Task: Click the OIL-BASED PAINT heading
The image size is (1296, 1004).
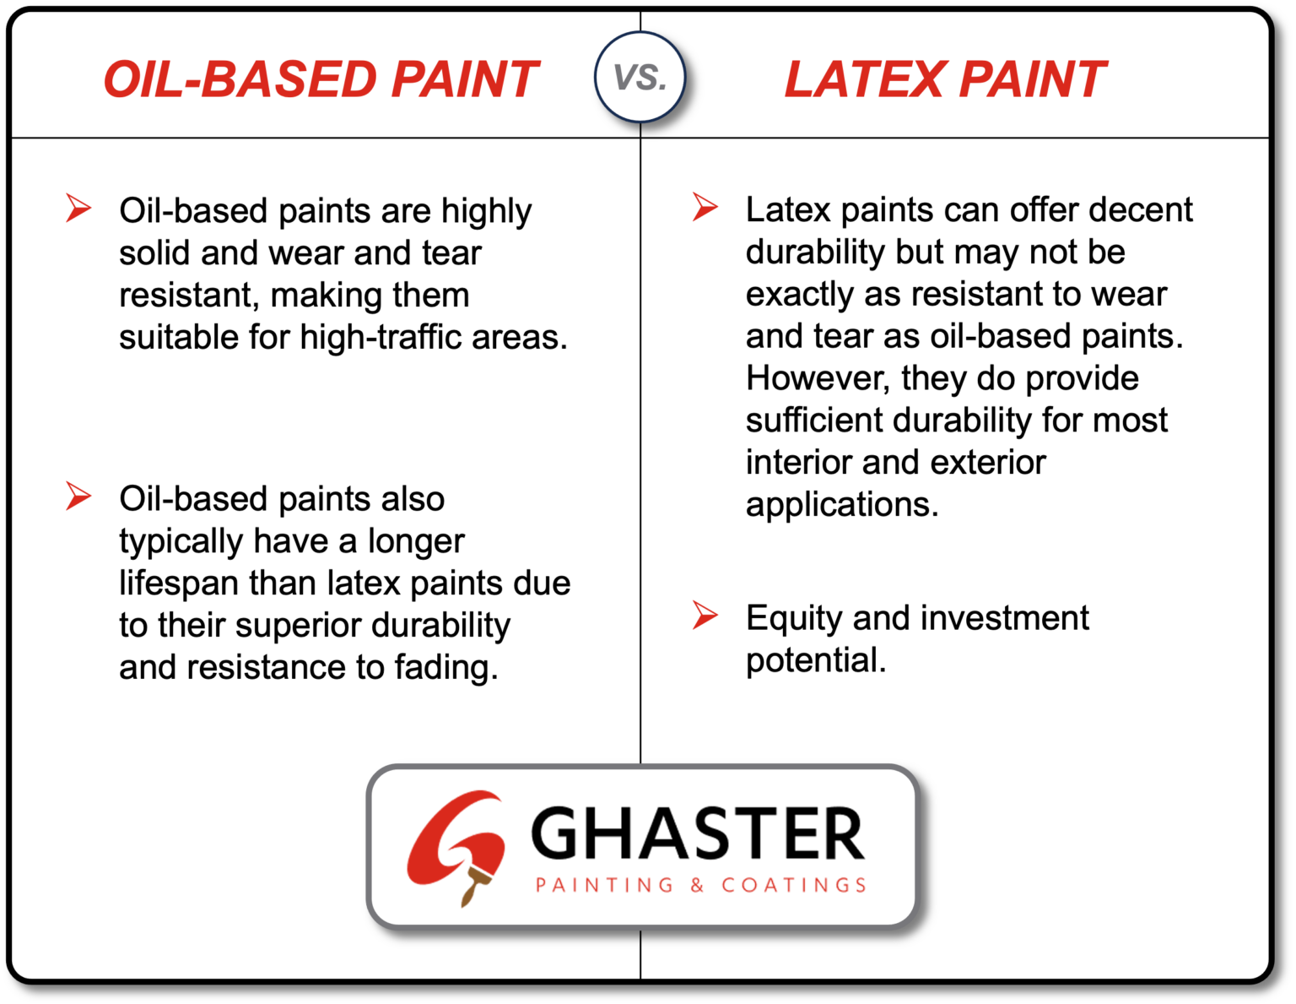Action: click(320, 79)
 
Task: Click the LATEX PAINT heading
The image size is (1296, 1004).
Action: click(944, 79)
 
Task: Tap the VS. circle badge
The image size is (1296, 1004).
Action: click(640, 78)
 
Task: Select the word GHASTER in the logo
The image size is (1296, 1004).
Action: click(697, 834)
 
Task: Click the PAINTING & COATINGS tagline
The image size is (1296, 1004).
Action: click(701, 885)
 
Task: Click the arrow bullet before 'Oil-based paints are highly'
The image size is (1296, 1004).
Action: click(78, 208)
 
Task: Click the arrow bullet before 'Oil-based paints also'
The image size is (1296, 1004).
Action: click(78, 496)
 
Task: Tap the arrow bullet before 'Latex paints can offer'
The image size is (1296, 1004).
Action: click(705, 207)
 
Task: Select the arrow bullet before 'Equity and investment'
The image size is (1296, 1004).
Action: click(705, 615)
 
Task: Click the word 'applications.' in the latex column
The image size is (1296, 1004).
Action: click(841, 505)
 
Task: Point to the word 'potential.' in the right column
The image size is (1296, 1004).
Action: click(815, 661)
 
